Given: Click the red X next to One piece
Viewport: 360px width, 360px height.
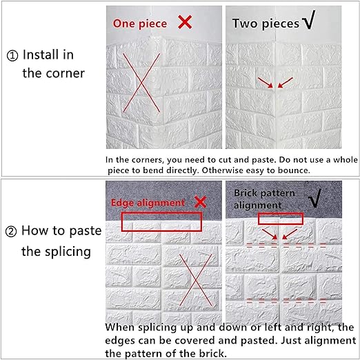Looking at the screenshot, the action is (x=185, y=22).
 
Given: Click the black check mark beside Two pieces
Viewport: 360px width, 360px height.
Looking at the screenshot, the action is (x=308, y=20).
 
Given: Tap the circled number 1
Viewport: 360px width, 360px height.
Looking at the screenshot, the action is (x=12, y=56).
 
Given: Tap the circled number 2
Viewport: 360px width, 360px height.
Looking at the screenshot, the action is (x=11, y=232).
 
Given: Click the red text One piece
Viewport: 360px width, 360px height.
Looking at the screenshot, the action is (x=140, y=23).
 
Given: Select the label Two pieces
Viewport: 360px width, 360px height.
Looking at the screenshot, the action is (x=266, y=23).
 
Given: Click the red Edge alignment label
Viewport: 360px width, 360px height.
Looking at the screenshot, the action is (x=148, y=203).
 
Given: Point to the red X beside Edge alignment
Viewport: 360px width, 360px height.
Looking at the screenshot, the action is (x=200, y=202).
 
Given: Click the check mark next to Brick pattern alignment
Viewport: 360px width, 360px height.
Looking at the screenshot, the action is (x=314, y=198).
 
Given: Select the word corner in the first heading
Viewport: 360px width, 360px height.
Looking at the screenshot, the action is (x=66, y=73).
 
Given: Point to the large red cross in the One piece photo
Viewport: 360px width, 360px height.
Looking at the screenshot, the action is (x=141, y=83).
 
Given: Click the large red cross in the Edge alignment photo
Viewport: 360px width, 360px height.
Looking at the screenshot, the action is (x=196, y=280).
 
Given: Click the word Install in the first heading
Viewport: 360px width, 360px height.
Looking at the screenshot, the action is (x=48, y=54).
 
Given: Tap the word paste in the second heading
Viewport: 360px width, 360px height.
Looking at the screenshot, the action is (x=86, y=231).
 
